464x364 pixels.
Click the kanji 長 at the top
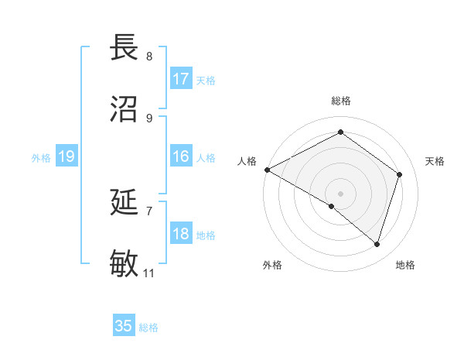click(126, 48)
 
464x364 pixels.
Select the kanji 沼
click(126, 108)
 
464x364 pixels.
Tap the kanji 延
click(126, 203)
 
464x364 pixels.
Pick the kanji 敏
click(126, 263)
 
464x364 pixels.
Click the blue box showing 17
click(181, 79)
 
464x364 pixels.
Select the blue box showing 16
click(181, 156)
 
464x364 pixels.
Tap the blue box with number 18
click(181, 234)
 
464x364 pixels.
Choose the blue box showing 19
click(67, 157)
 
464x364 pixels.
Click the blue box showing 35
click(124, 326)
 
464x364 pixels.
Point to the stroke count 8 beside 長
click(149, 57)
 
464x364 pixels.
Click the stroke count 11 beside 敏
click(149, 273)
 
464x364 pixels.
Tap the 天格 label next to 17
click(206, 80)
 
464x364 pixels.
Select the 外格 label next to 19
click(41, 158)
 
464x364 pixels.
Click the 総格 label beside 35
click(148, 328)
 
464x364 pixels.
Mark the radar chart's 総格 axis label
click(340, 101)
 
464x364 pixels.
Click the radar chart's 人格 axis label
click(247, 161)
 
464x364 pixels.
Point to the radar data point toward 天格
click(400, 174)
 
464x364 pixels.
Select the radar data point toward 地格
click(377, 244)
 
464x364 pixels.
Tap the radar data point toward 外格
click(332, 206)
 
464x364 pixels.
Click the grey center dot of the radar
click(340, 193)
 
